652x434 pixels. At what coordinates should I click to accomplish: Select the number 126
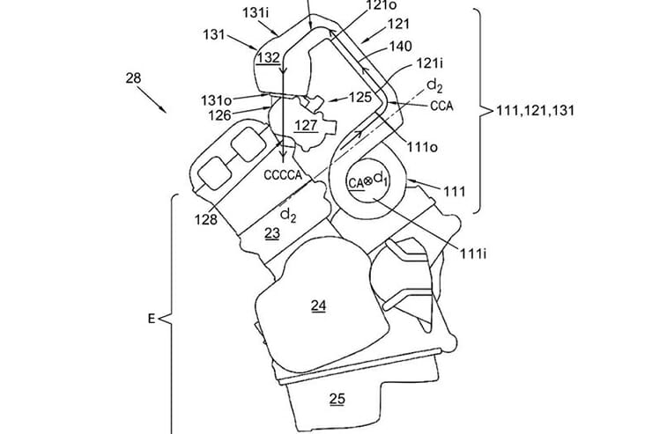tap(220, 114)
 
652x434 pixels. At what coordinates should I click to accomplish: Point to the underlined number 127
tap(306, 126)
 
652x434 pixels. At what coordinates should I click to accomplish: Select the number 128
tap(207, 219)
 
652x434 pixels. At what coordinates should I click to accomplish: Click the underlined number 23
tap(272, 234)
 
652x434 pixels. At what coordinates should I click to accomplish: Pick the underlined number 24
tap(318, 305)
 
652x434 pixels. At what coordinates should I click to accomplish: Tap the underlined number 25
tap(337, 398)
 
